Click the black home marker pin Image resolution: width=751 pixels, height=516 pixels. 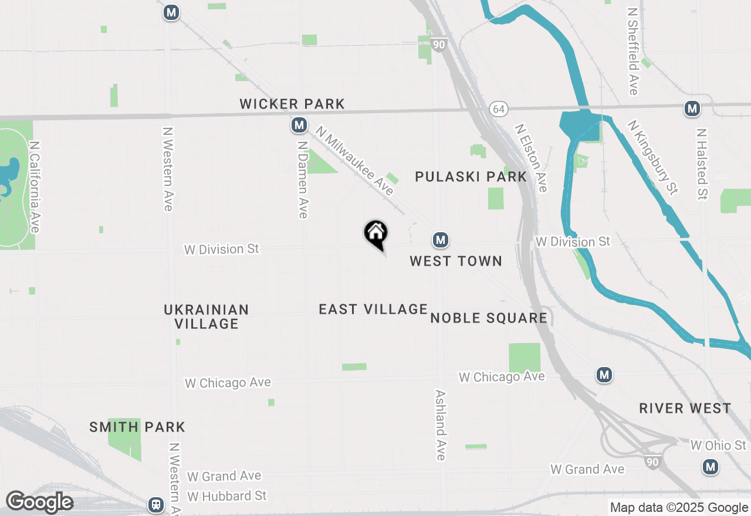[376, 233]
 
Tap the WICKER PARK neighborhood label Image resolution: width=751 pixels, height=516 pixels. [292, 104]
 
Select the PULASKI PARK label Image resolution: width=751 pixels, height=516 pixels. [471, 176]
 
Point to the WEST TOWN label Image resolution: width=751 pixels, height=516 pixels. [456, 261]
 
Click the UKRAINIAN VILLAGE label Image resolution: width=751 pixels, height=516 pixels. [207, 316]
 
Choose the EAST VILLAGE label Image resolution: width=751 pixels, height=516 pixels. [373, 309]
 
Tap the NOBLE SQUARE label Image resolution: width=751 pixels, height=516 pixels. [489, 318]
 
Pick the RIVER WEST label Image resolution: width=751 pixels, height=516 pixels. [685, 408]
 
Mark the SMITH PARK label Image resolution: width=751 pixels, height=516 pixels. [137, 427]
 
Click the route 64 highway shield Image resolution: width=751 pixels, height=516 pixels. [498, 109]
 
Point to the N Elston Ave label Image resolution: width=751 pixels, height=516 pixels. [531, 157]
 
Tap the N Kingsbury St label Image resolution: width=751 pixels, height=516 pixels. [652, 157]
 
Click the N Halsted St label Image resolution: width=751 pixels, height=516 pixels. [702, 164]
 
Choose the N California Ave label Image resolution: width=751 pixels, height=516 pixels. [34, 186]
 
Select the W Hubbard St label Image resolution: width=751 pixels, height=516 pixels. [226, 496]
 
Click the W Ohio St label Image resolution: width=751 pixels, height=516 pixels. [718, 446]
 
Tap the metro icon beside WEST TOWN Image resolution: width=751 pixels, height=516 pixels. [441, 240]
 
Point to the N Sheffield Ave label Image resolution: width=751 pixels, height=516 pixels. [632, 51]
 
